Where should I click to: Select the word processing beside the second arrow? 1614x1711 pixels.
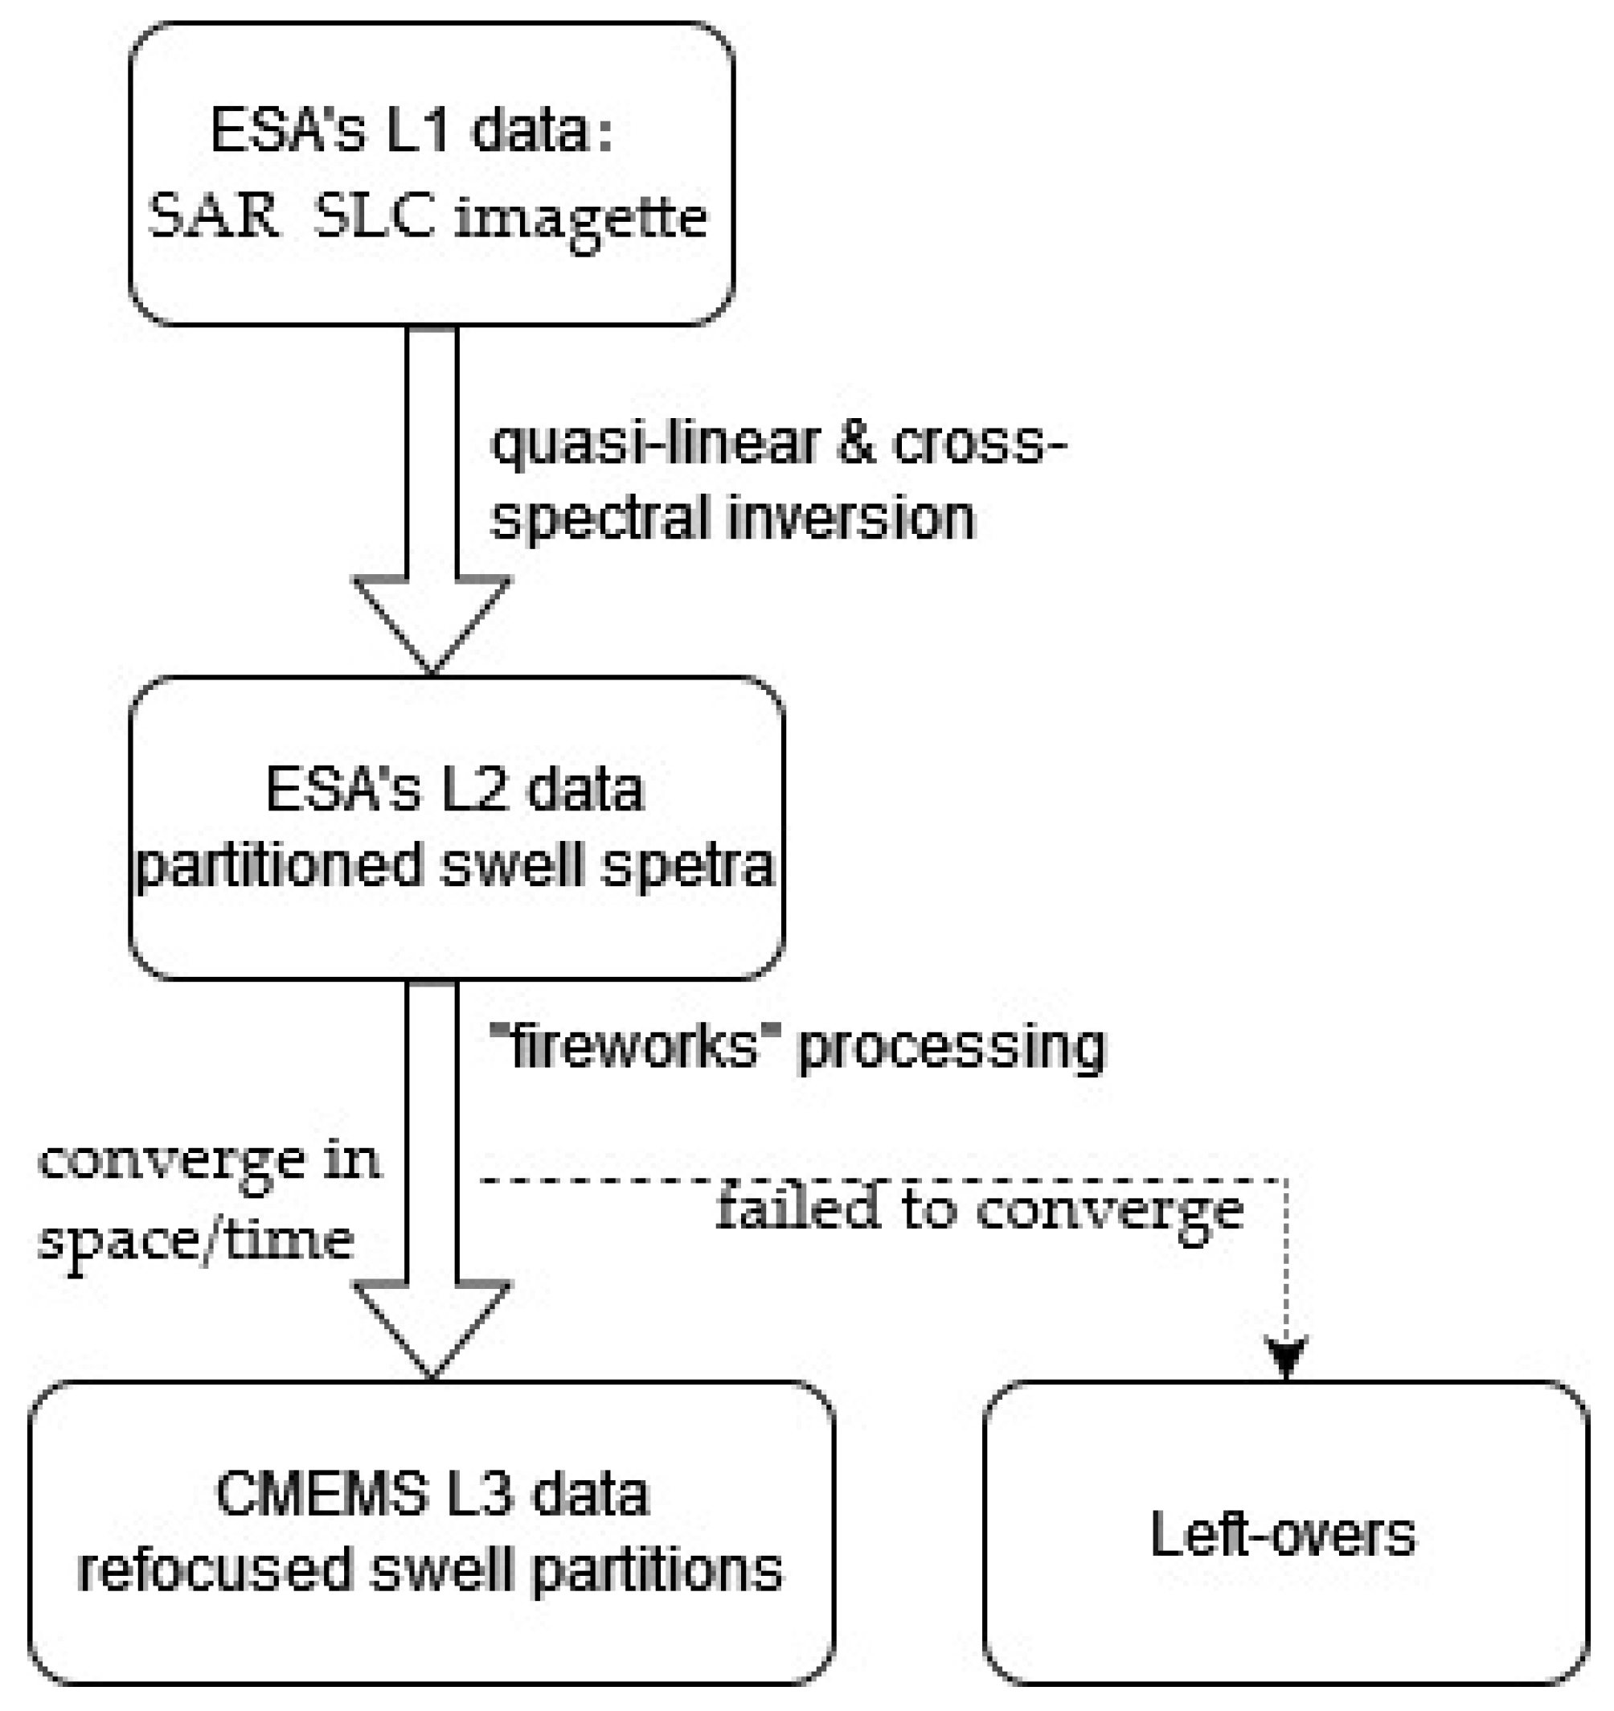point(952,1048)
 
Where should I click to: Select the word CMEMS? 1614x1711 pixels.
point(322,1494)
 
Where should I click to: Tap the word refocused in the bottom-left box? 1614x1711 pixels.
point(215,1569)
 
